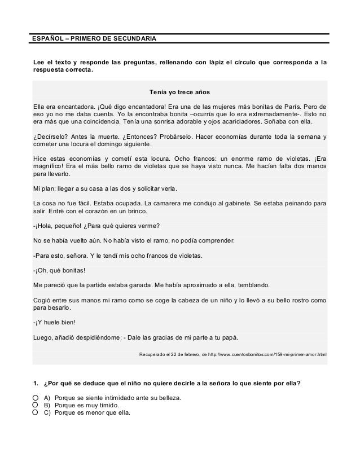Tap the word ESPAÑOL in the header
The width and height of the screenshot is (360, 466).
click(x=47, y=39)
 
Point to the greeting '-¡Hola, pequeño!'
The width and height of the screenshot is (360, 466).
click(x=57, y=227)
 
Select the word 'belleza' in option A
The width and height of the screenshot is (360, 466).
click(x=169, y=398)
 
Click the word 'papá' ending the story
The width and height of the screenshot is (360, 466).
click(x=230, y=338)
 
